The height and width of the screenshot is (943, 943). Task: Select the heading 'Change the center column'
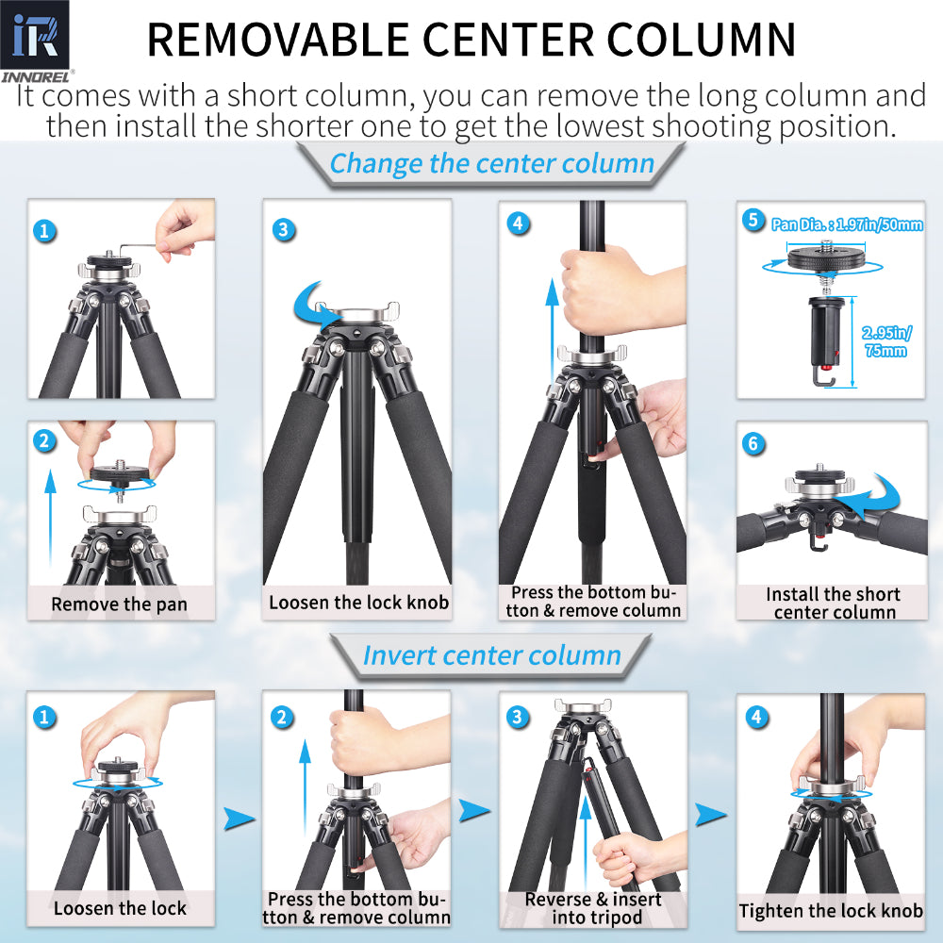[491, 163]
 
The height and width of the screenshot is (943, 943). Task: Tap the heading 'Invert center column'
[491, 654]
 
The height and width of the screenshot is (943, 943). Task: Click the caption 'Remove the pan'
[120, 604]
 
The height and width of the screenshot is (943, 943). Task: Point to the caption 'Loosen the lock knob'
[358, 603]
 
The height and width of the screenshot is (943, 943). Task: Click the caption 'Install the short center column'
[833, 603]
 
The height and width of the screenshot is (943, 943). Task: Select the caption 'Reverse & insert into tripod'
[592, 908]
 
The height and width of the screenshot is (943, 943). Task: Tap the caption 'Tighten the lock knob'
[831, 910]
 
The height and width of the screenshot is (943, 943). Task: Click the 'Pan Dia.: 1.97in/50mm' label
[846, 224]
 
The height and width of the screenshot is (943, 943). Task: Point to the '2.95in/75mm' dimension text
[885, 340]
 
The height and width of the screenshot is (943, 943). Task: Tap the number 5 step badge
[753, 221]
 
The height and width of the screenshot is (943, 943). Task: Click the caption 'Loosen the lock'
[120, 908]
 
